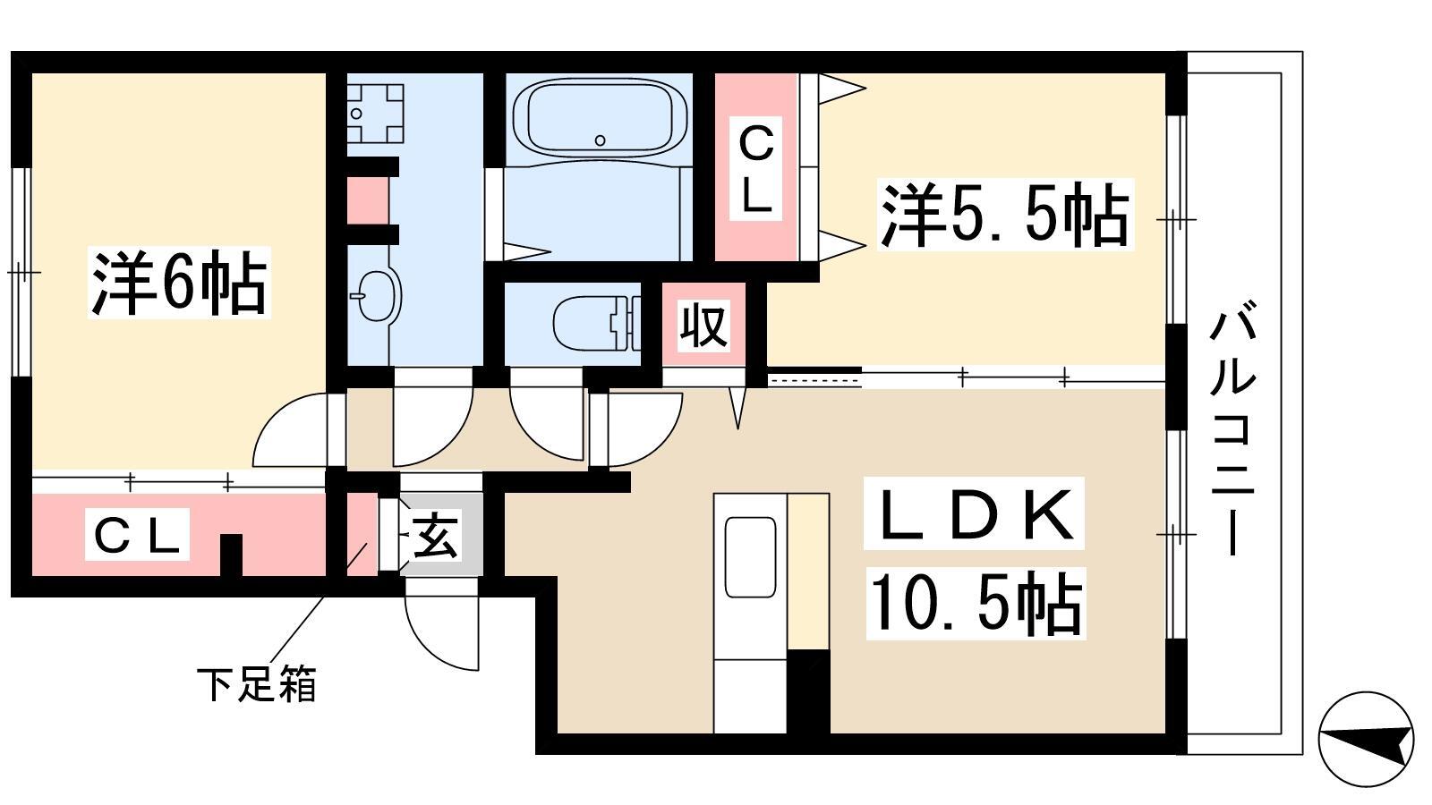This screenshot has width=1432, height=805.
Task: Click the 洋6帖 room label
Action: [179, 283]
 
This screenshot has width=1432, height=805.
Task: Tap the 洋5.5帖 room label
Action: [1004, 214]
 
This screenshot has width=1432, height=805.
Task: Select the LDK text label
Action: [974, 513]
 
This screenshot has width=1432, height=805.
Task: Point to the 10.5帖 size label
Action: [976, 603]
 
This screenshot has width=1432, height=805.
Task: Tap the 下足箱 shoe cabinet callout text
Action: [256, 685]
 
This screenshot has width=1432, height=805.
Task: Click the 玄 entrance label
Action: [435, 536]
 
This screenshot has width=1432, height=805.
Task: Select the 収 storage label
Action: [703, 326]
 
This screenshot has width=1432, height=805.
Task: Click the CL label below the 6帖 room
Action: [137, 535]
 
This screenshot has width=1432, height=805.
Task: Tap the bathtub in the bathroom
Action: [600, 117]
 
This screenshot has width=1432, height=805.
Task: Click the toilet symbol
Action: [596, 323]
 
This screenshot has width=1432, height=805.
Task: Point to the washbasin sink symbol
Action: [377, 295]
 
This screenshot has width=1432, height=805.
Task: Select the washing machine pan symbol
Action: [375, 113]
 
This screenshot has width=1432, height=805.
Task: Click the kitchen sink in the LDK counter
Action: [750, 557]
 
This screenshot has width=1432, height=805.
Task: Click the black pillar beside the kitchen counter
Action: [808, 691]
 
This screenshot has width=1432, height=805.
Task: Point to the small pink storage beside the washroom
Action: [368, 200]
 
